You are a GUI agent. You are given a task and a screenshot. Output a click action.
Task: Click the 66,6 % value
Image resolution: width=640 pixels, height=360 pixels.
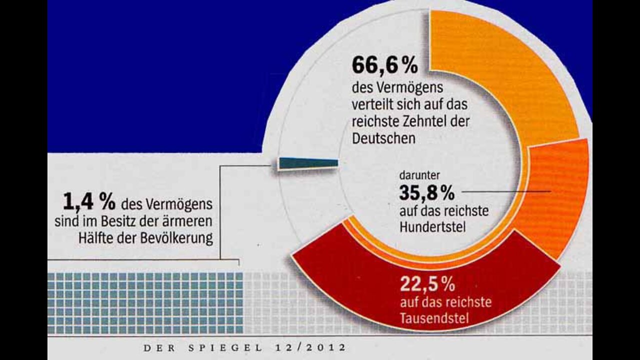point(384,65)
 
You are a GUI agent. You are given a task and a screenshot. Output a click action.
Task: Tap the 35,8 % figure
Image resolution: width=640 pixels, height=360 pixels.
point(426,192)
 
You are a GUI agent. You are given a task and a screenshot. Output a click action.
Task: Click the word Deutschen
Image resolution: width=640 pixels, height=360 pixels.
point(383,138)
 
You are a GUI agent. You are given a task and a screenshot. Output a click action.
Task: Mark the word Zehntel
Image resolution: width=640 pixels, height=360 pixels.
point(425,121)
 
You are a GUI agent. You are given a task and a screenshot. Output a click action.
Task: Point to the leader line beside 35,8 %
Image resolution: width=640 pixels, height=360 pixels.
point(505,191)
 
